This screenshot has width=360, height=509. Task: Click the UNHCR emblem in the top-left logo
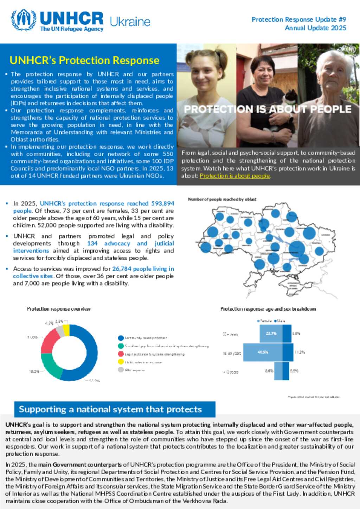coord(24,20)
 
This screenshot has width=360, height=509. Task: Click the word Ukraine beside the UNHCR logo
coord(130,22)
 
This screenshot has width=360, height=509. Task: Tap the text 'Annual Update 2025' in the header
coord(315,28)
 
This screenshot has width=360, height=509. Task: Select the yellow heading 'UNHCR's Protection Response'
coord(84,60)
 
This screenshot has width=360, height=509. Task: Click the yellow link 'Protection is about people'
coord(235,176)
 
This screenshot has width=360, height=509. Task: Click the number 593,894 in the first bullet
coord(163,203)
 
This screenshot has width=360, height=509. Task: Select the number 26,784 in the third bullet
coord(122,269)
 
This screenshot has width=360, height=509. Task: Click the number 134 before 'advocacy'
coord(92,243)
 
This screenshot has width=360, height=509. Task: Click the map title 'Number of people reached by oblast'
coord(222,199)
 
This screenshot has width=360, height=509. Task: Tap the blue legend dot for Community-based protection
coord(121,338)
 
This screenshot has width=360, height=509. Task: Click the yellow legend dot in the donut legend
coord(121,362)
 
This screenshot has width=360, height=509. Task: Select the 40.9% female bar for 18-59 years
coord(263,352)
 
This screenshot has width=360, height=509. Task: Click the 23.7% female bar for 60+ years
coord(271,333)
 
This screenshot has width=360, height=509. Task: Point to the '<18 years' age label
coord(231,372)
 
